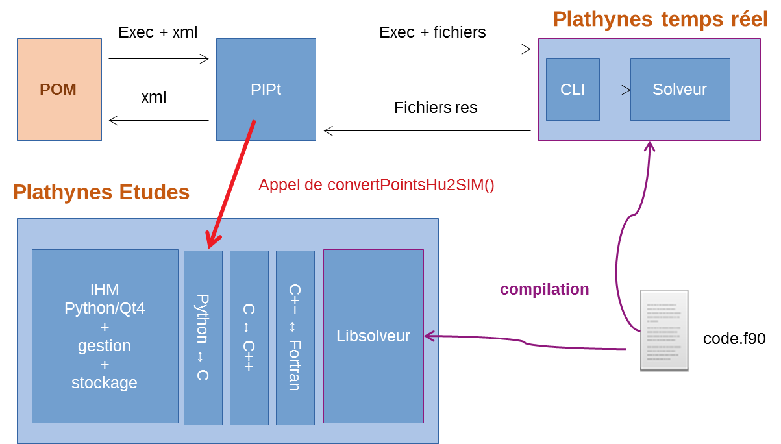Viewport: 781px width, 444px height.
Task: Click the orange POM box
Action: coord(59,90)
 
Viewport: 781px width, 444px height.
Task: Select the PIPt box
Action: coord(266,90)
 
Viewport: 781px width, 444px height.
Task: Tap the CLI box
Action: coord(573,90)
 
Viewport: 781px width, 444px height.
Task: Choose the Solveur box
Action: coord(680,90)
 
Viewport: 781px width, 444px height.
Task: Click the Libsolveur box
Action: coord(373,336)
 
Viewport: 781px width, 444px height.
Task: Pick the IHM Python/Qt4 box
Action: coord(105,336)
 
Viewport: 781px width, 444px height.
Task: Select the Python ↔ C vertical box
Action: coord(203,338)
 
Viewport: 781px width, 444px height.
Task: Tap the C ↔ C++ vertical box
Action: coord(249,338)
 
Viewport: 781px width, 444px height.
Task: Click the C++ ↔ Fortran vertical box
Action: coord(295,338)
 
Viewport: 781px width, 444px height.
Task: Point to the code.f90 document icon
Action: coord(664,330)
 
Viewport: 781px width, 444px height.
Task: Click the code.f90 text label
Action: coord(734,339)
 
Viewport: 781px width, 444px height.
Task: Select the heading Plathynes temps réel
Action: coord(660,19)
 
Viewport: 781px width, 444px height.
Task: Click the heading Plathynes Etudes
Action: coord(101,192)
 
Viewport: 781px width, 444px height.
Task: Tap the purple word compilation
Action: coord(544,290)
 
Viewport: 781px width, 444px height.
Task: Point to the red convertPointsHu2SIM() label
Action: coord(377,185)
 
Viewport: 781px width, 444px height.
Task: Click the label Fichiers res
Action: coord(436,108)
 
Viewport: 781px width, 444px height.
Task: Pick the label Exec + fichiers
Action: coord(432,32)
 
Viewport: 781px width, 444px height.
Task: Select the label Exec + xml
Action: coord(158,32)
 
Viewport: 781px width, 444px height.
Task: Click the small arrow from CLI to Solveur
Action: coord(615,90)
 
